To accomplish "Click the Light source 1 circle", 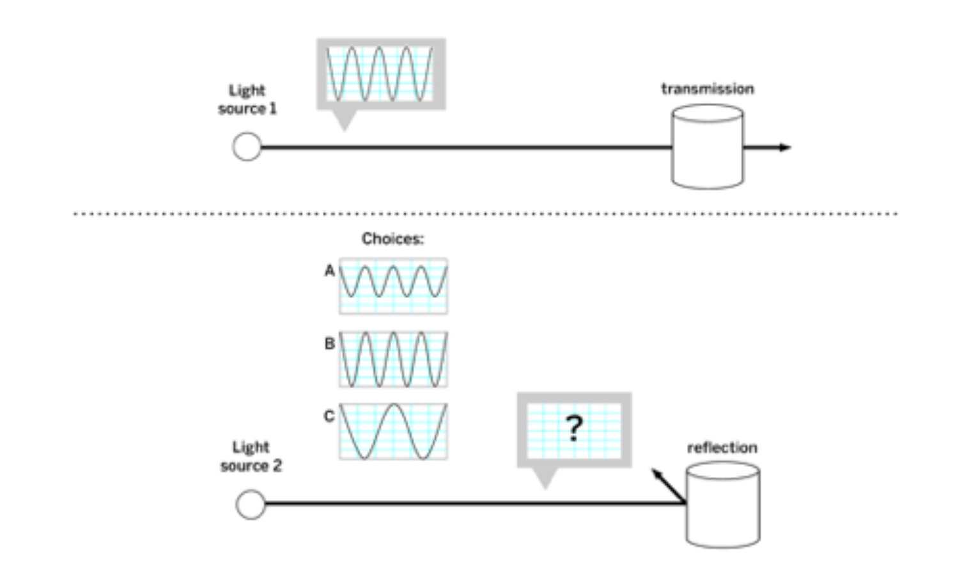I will click(x=247, y=146).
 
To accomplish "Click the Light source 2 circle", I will click(x=250, y=505).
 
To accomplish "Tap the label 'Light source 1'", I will click(x=247, y=99).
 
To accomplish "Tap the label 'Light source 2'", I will click(x=251, y=456).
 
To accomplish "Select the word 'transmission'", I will click(x=707, y=89).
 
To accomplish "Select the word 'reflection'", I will click(x=722, y=448).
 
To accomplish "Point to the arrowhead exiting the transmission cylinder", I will click(x=786, y=147).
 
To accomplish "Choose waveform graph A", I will click(x=393, y=285).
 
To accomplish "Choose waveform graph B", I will click(x=393, y=359).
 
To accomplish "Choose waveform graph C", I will click(x=393, y=431).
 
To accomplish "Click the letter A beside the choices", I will click(x=329, y=271).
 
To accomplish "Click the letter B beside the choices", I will click(x=329, y=343).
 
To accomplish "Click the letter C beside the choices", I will click(x=329, y=416).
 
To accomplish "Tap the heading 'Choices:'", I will click(x=392, y=239).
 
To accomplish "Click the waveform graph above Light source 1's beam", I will click(x=380, y=74).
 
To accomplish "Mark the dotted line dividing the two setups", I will click(x=486, y=213).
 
